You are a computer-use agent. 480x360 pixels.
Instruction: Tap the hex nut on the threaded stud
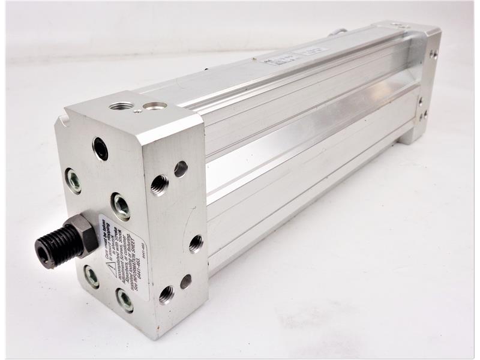tap(82, 235)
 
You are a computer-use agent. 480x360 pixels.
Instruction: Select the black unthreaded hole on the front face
tap(100, 148)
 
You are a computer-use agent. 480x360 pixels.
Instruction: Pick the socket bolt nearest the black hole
tap(73, 180)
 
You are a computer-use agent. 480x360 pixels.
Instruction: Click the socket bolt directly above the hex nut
tap(120, 206)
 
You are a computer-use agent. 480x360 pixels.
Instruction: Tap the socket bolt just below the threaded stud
tap(91, 276)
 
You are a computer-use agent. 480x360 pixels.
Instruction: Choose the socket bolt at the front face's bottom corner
tap(125, 299)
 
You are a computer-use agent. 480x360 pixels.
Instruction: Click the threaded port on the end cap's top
tap(121, 106)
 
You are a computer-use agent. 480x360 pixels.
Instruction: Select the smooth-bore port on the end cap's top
tap(155, 106)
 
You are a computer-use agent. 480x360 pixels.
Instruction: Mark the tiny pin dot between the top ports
tap(138, 110)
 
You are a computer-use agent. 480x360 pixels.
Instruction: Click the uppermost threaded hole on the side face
tap(159, 184)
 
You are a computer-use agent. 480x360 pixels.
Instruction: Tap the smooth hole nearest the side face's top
tap(181, 169)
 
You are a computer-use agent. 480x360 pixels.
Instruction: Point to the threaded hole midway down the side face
tap(196, 242)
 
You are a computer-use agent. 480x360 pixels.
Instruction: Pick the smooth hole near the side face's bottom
tap(186, 281)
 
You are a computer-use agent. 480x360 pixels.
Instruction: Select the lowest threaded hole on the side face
tap(166, 294)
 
